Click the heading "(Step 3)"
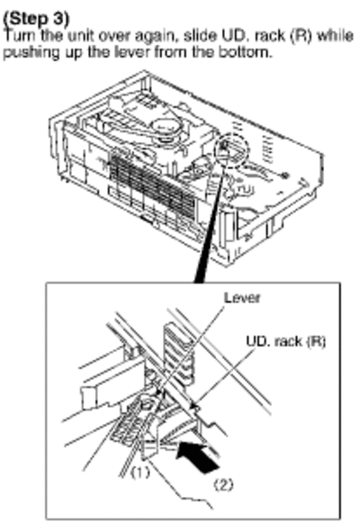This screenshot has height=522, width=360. (36, 19)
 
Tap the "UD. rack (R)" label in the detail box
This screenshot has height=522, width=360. (285, 341)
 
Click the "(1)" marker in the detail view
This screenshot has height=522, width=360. (139, 472)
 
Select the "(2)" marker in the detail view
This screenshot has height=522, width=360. (223, 485)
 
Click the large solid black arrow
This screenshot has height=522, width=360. (197, 455)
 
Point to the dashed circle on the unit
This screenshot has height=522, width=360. (232, 148)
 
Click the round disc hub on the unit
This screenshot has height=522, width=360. (166, 128)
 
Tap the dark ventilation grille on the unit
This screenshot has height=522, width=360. (152, 184)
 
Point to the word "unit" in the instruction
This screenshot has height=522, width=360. (77, 36)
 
